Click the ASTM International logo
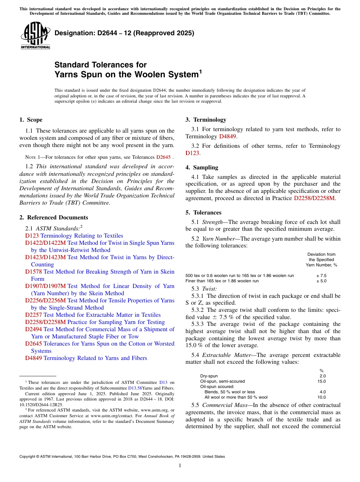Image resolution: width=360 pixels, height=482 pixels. [x=35, y=35]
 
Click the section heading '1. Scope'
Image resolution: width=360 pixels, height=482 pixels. [x=31, y=120]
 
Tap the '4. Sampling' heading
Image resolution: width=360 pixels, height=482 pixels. [x=202, y=167]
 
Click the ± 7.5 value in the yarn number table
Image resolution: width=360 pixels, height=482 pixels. [x=321, y=276]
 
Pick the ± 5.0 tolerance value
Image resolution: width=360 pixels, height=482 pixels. [x=321, y=281]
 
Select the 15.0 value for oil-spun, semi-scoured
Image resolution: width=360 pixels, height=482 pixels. [x=321, y=381]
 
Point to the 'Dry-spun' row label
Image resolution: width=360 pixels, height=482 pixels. [x=209, y=376]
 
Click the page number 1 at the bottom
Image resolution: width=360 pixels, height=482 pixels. [x=180, y=466]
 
